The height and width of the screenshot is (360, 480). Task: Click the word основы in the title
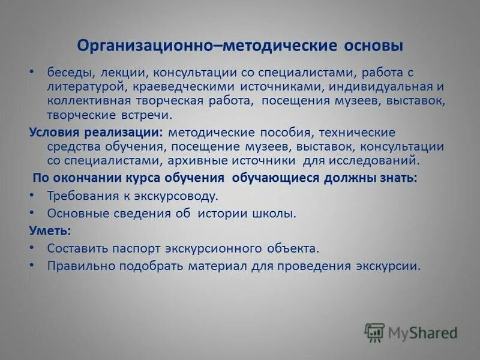[x=374, y=46]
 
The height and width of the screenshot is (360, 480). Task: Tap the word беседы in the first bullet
[x=69, y=73]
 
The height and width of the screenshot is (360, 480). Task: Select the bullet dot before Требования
[x=32, y=196]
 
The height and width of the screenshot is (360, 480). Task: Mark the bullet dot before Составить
[x=32, y=247]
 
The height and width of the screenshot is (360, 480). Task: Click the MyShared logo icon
[x=374, y=332]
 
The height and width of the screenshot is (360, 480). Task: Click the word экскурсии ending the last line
[x=390, y=265]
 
